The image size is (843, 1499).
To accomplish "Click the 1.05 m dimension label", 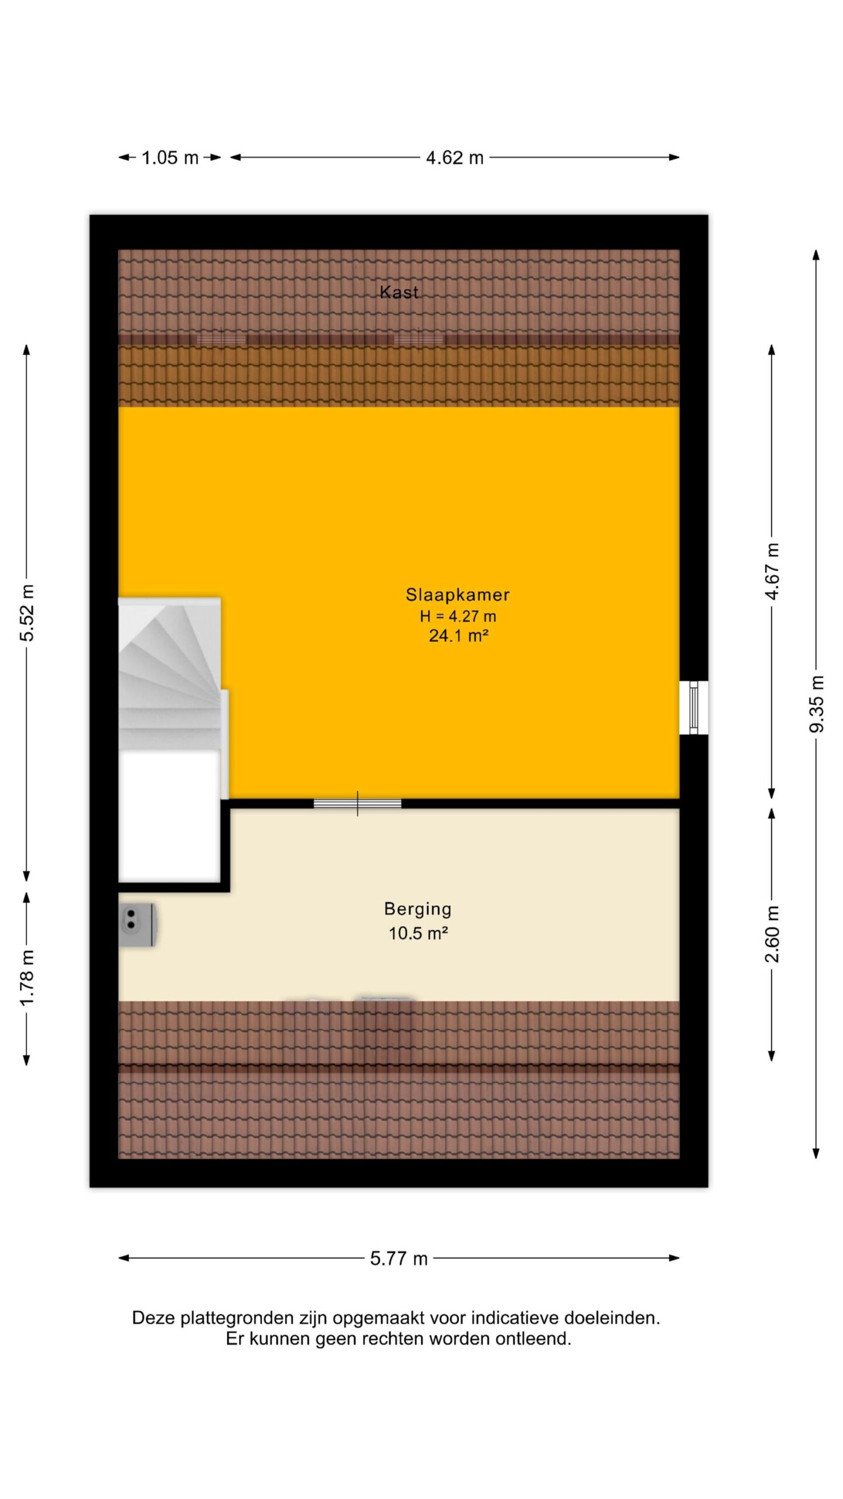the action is tap(170, 158).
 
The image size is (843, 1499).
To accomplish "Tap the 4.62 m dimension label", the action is tap(455, 158).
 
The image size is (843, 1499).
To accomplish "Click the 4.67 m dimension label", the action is tap(773, 571).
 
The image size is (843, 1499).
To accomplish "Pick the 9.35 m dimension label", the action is tap(817, 703).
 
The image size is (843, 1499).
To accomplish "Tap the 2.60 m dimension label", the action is tap(773, 934).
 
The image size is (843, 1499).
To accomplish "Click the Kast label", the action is tap(399, 292).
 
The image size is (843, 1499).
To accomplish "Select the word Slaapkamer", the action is tap(458, 594).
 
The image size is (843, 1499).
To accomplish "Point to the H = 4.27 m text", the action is tap(458, 615).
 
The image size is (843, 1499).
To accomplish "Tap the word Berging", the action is tap(418, 909).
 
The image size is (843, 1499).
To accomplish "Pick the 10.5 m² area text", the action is tap(418, 933).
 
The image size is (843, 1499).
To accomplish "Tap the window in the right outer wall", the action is tap(694, 707).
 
